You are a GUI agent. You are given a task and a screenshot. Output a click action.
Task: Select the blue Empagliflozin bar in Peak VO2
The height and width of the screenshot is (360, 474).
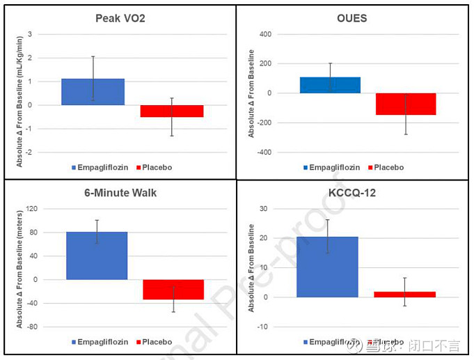[x=93, y=92]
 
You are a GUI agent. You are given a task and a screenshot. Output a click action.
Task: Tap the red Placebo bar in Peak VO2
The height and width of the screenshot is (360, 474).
[x=171, y=111]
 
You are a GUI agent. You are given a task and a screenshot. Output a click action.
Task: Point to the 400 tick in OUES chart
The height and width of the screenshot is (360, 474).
[x=264, y=34]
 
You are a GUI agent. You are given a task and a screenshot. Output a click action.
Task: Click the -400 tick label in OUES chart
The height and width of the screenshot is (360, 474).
[x=262, y=152]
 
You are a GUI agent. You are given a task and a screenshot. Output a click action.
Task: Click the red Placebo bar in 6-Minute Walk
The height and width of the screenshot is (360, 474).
[x=173, y=290]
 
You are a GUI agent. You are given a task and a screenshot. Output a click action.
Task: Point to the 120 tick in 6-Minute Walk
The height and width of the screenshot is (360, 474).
[x=31, y=209]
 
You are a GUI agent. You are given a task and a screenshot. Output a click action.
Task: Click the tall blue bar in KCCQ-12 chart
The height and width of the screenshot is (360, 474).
[x=327, y=267]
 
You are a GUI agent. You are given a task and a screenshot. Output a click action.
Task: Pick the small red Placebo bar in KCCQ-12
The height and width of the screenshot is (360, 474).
[x=404, y=295]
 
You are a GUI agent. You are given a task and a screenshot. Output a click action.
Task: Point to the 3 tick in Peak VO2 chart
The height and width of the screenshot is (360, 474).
[x=30, y=34]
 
